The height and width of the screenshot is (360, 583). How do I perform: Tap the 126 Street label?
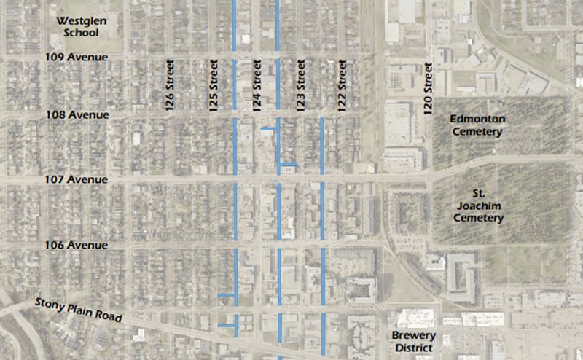[x=170, y=85]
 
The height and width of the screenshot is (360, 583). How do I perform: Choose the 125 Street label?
[x=214, y=85]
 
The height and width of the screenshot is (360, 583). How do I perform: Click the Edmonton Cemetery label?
[x=477, y=125]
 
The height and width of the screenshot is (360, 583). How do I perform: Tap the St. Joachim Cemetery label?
[x=477, y=206]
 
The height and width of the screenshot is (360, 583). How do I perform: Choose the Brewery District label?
[x=412, y=342]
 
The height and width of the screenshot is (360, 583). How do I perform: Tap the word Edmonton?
[x=477, y=120]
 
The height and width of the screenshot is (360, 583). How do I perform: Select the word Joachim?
[x=477, y=206]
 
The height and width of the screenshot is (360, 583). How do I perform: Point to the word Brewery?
[x=412, y=336]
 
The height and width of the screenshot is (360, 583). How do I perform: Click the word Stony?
[x=52, y=305]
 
